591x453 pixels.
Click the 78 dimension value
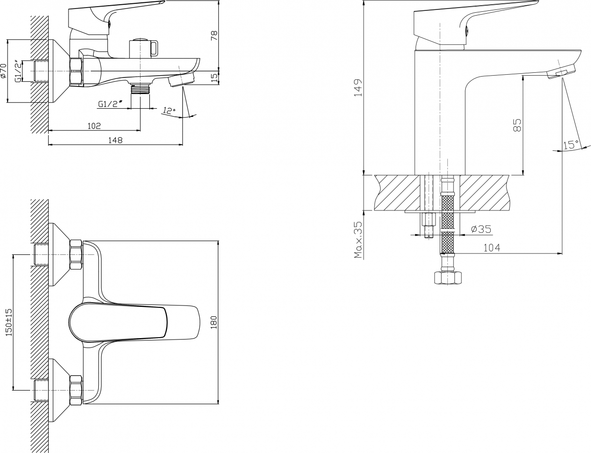(x=215, y=35)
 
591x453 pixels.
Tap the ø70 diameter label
(x=3, y=71)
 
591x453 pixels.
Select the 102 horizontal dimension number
(x=95, y=126)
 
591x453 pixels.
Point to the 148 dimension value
(x=115, y=140)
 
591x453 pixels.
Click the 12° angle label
(x=169, y=110)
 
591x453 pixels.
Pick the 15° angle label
(x=571, y=144)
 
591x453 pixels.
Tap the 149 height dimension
(x=358, y=87)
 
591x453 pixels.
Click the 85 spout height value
(x=517, y=125)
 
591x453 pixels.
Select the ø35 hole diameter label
(x=481, y=229)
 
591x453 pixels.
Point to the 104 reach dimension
(x=492, y=248)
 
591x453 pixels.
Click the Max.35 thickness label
(x=359, y=240)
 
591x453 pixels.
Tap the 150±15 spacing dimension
(x=9, y=322)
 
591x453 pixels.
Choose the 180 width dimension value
(x=214, y=322)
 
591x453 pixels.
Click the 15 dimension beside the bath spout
(x=215, y=77)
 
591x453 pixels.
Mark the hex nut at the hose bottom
(x=448, y=278)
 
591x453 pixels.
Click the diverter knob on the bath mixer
(x=143, y=48)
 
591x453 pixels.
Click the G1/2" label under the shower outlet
(x=110, y=104)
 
